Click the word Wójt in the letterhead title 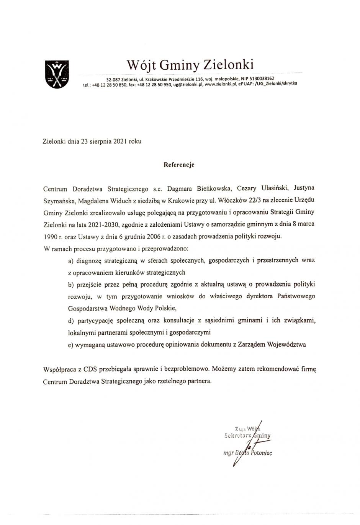141,64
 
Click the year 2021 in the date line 120,141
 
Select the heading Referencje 179,165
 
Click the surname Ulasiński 272,188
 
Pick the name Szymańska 56,200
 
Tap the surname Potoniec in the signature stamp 262,453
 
